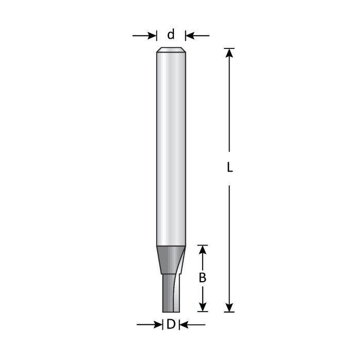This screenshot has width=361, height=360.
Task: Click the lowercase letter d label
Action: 171,35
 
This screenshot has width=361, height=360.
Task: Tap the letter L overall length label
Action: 230,168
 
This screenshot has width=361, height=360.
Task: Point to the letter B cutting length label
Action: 203,277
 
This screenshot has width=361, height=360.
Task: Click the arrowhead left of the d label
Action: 152,36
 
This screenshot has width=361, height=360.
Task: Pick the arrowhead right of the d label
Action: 189,36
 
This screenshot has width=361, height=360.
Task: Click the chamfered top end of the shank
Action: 171,50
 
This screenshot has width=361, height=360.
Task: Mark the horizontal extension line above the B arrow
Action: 203,245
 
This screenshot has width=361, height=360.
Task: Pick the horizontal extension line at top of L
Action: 230,48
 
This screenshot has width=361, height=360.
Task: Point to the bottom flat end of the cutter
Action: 171,311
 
